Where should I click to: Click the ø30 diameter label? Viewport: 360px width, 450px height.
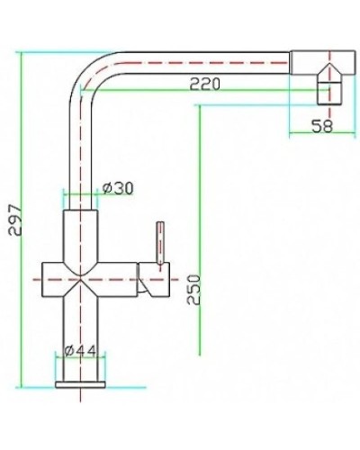click(x=119, y=188)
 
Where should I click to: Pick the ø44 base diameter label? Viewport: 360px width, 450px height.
click(x=82, y=349)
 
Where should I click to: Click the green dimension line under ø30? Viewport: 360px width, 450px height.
click(x=80, y=194)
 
